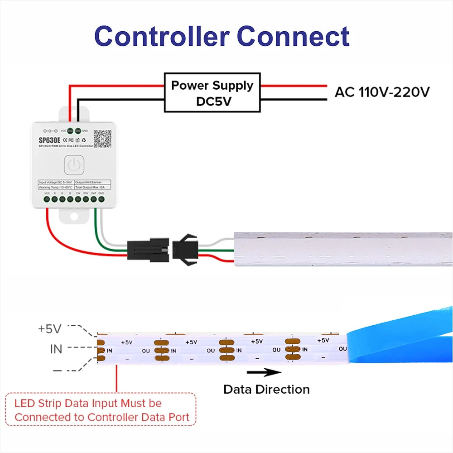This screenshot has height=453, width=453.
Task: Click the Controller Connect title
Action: click(222, 36)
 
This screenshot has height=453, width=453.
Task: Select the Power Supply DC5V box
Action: click(212, 92)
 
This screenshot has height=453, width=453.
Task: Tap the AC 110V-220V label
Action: click(382, 92)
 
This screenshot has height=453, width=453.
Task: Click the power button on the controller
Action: click(73, 165)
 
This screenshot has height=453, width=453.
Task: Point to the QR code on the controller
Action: click(102, 138)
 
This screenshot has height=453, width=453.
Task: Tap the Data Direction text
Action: click(266, 389)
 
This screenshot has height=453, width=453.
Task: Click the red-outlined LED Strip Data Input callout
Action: click(101, 410)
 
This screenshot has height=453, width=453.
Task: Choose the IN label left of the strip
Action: click(56, 349)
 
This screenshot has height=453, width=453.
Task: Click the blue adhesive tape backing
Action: click(399, 337)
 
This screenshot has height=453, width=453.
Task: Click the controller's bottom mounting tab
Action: click(73, 216)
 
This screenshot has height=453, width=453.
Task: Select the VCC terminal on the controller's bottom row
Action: click(47, 198)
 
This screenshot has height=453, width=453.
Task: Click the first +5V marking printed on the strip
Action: click(126, 342)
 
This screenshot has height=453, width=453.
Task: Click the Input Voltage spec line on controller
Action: click(55, 182)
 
